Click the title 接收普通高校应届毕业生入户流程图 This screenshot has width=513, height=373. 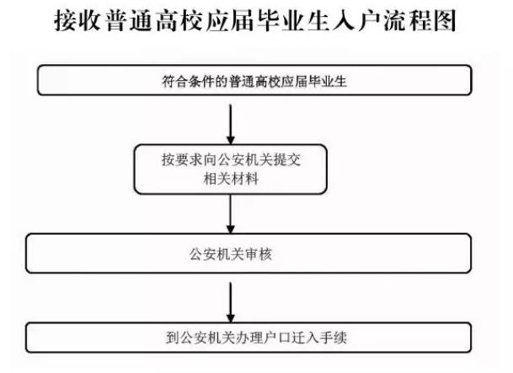coord(255,20)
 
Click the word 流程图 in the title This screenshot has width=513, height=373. coord(420,20)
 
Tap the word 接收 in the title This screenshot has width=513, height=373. coord(77,20)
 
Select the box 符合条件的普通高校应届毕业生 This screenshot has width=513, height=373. coord(254,80)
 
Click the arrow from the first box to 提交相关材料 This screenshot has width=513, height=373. coord(231,124)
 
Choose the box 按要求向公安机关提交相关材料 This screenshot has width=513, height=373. coord(231,169)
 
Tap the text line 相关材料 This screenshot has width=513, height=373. coord(231,179)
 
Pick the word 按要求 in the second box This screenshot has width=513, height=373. coord(181,159)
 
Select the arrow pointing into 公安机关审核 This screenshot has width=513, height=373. coord(231,214)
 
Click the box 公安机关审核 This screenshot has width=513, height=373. coord(248,253)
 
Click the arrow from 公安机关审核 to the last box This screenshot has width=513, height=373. coord(231,302)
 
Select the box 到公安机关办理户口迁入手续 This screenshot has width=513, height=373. coord(248,338)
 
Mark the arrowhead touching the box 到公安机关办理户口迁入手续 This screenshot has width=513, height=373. coord(231,319)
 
